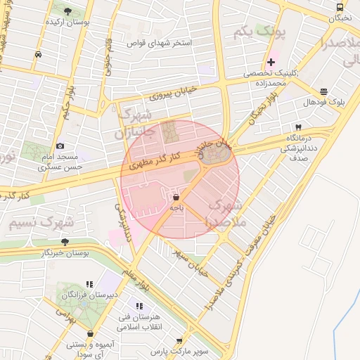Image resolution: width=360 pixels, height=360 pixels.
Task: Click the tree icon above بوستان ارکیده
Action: coord(67,11)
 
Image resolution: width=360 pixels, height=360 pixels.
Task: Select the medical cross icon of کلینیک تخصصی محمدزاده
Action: coord(271,63)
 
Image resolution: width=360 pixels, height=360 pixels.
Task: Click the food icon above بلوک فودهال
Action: coord(323,91)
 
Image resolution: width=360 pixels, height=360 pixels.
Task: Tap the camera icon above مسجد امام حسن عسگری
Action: coord(60,146)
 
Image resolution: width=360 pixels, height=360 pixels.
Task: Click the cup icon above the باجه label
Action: coord(175,198)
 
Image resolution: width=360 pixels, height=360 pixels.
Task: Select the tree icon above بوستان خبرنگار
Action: coord(65,242)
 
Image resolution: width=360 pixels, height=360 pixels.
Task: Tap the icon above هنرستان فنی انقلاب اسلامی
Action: coord(139,306)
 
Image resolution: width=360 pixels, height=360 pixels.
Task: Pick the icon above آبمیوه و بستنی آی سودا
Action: coord(91,334)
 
